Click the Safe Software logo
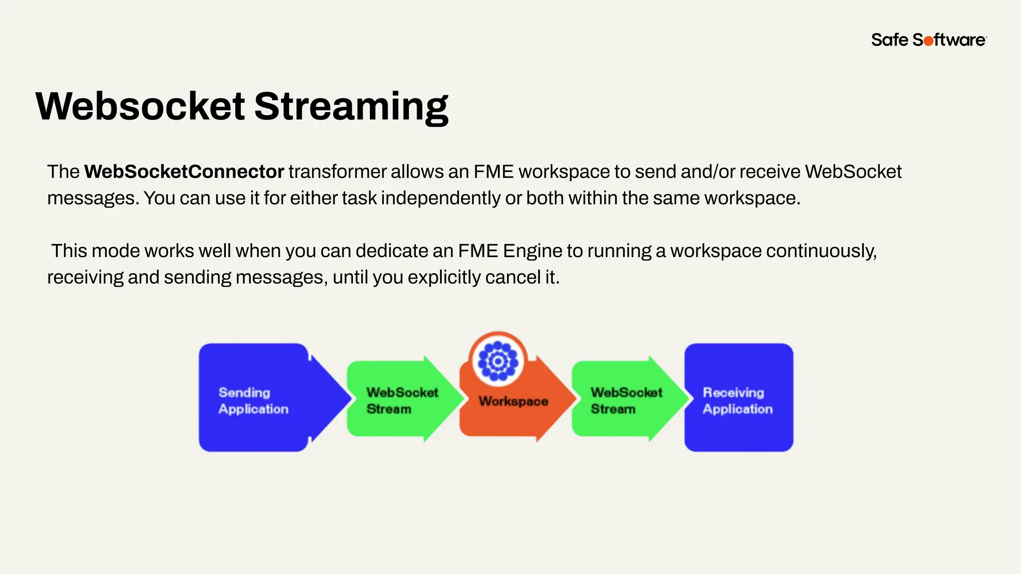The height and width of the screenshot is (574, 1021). click(x=928, y=40)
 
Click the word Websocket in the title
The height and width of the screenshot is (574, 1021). click(x=140, y=106)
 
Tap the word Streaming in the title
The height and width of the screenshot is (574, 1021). click(x=351, y=106)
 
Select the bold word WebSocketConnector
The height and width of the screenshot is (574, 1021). click(x=183, y=172)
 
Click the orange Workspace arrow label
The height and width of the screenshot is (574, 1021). click(x=513, y=401)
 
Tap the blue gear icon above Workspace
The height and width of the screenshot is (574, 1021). click(x=498, y=361)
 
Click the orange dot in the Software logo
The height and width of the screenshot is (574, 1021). click(x=928, y=41)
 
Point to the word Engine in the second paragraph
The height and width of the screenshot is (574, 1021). click(x=532, y=251)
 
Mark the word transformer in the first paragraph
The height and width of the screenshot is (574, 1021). click(x=337, y=172)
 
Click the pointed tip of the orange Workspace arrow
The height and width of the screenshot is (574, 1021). click(x=574, y=398)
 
